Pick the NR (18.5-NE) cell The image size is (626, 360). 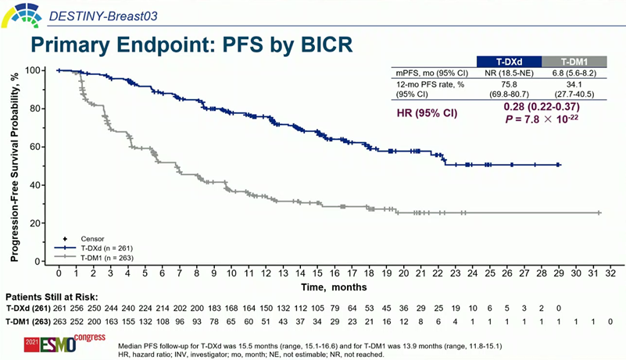coord(509,73)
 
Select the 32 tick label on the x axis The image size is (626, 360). coord(610,274)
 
